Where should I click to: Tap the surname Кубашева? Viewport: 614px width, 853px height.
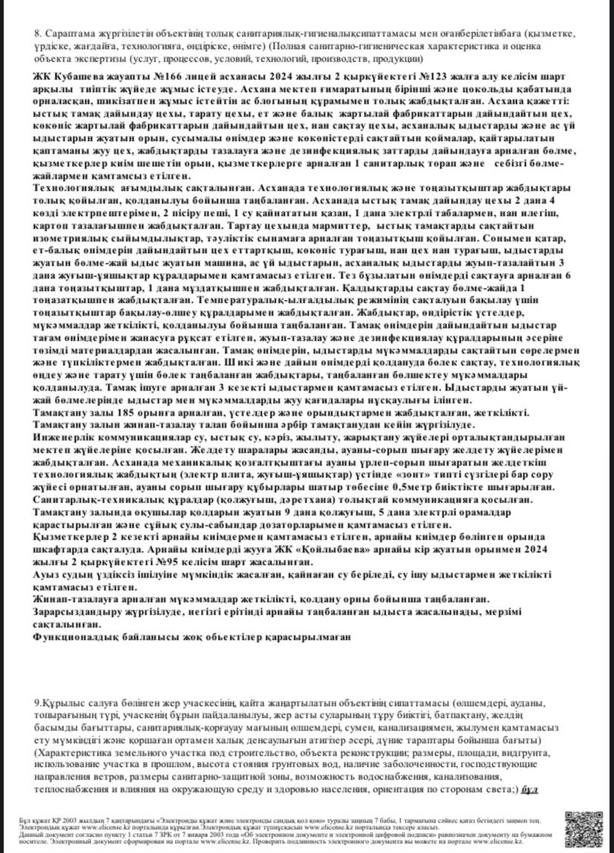pyautogui.click(x=76, y=79)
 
